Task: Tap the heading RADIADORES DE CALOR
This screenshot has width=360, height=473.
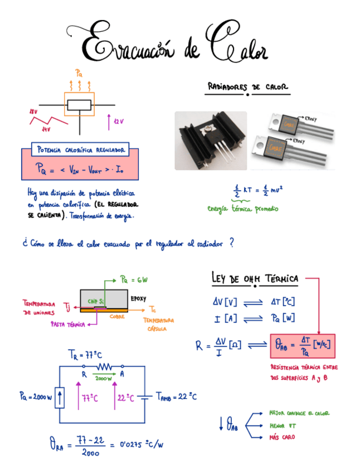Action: click(247, 88)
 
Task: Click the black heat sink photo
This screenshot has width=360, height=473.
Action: click(211, 141)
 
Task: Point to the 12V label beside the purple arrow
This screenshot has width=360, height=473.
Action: click(119, 121)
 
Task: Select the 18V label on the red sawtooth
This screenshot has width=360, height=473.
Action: click(33, 112)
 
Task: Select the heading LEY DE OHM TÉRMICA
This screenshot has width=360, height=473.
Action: click(255, 278)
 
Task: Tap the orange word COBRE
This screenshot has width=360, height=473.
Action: click(117, 316)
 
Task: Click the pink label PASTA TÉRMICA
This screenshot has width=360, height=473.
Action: click(67, 324)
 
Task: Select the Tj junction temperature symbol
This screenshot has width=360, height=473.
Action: click(67, 306)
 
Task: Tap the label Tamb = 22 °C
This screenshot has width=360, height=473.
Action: click(176, 397)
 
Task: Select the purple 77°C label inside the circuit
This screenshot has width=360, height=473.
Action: click(91, 398)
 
